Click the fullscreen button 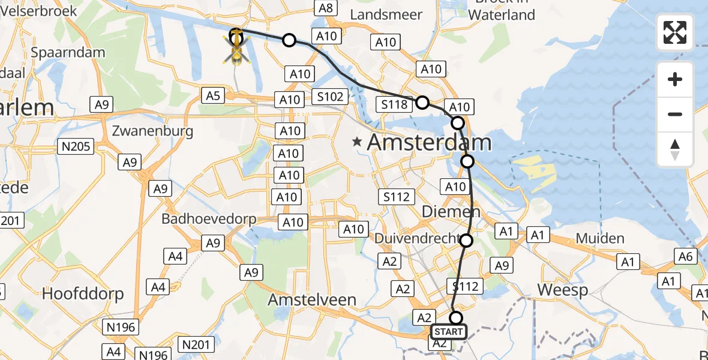(x=675, y=32)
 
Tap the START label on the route (x=448, y=332)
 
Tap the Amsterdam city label (x=429, y=143)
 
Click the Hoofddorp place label (x=83, y=293)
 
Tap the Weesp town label (x=563, y=290)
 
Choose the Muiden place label (x=599, y=238)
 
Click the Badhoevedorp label (x=209, y=219)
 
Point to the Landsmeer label (x=386, y=14)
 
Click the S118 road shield (x=395, y=105)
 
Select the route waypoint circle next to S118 (x=422, y=103)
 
